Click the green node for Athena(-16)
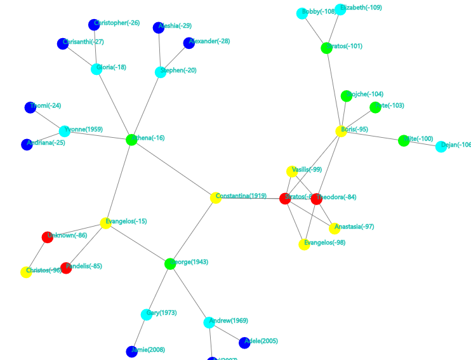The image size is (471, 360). [131, 140]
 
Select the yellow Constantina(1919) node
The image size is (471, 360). [216, 197]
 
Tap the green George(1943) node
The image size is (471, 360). [169, 263]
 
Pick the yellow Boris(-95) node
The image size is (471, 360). [342, 131]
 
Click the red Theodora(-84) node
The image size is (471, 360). [317, 199]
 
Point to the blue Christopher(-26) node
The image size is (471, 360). [94, 25]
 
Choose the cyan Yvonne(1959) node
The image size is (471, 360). [65, 131]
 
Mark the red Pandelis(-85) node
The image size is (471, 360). [66, 268]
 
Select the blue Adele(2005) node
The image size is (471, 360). [244, 343]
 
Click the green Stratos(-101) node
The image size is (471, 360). [326, 48]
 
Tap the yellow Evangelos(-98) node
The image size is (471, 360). [304, 244]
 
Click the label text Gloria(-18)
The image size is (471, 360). [113, 67]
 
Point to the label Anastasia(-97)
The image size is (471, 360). [354, 227]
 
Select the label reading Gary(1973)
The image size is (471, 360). [161, 313]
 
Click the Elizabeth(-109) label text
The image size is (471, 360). [361, 8]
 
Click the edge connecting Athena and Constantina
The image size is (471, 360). [173, 168]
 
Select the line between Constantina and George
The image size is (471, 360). [193, 230]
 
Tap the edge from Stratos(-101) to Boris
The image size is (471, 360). [334, 89]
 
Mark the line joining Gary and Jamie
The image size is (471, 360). [140, 333]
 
